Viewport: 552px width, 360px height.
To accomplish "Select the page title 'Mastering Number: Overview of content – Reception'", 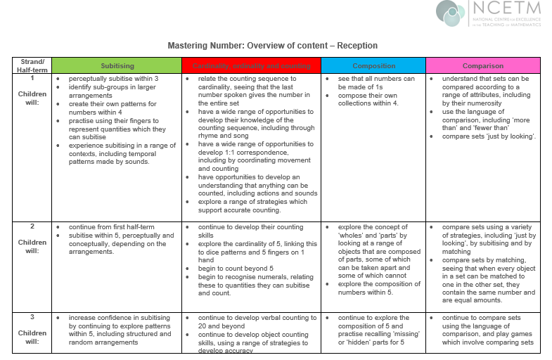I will [x=272, y=46].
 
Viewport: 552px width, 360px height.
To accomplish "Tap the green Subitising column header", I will [x=117, y=65].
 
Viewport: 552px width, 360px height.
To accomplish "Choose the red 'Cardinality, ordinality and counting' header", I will [x=251, y=65].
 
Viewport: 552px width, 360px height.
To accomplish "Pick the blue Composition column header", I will [x=373, y=65].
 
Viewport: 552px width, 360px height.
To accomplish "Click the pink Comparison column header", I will [x=482, y=65].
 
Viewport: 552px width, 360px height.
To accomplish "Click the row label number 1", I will [x=32, y=79].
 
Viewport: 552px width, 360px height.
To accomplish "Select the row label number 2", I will [x=32, y=227].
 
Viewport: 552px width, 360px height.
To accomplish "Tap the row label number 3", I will [x=32, y=318].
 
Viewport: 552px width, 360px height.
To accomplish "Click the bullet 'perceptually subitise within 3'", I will [x=113, y=79].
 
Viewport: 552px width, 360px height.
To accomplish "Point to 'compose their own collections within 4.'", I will [x=368, y=103].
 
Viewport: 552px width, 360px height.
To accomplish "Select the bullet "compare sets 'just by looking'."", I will [x=489, y=136].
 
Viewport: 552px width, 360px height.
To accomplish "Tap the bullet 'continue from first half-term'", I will [x=112, y=227].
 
